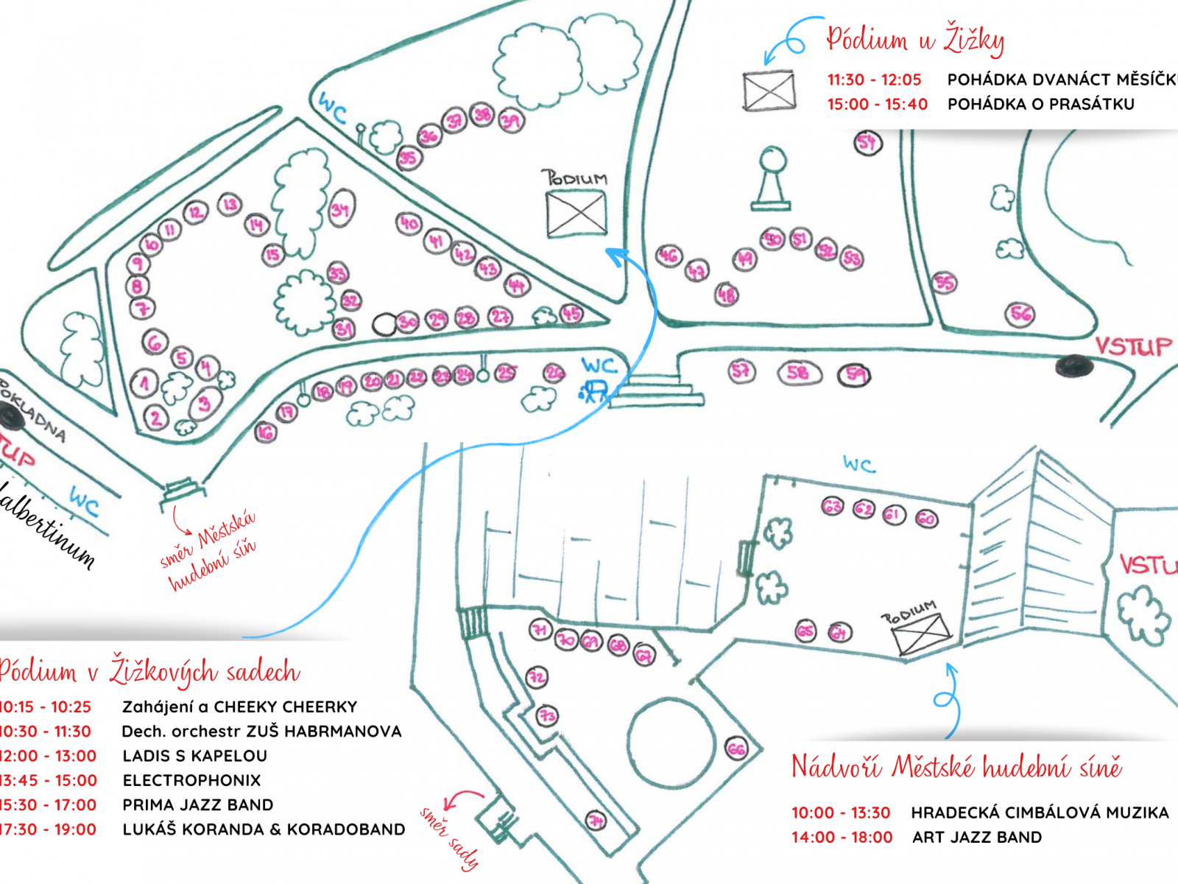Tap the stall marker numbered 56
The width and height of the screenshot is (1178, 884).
tap(1020, 315)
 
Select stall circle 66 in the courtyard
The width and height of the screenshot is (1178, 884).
tap(736, 750)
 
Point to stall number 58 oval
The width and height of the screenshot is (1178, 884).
tap(798, 373)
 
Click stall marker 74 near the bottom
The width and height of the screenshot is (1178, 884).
tap(596, 820)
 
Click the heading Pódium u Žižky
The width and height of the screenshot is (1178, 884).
tap(915, 40)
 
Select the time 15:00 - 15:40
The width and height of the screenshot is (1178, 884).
tap(877, 105)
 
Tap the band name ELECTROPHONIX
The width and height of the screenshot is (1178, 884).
tap(191, 780)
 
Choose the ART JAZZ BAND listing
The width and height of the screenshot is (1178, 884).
tap(977, 837)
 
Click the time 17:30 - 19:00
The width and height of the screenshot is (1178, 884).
tap(49, 829)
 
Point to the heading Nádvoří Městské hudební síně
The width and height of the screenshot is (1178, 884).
tap(956, 768)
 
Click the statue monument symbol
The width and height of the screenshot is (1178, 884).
tap(772, 179)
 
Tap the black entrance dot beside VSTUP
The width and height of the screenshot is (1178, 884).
tap(1074, 365)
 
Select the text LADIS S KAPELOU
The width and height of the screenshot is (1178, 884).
tap(195, 756)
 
